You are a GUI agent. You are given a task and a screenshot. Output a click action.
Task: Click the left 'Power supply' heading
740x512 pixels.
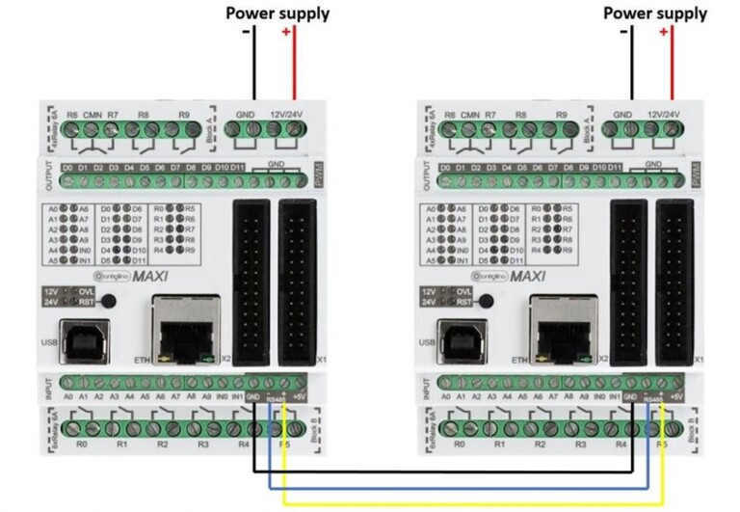point(277,13)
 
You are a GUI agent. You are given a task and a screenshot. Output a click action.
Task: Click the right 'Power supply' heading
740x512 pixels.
point(654,13)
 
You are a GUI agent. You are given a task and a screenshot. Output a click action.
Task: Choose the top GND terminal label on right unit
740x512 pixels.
point(622,115)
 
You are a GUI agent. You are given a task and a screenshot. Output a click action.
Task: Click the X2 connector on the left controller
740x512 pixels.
point(252,280)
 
